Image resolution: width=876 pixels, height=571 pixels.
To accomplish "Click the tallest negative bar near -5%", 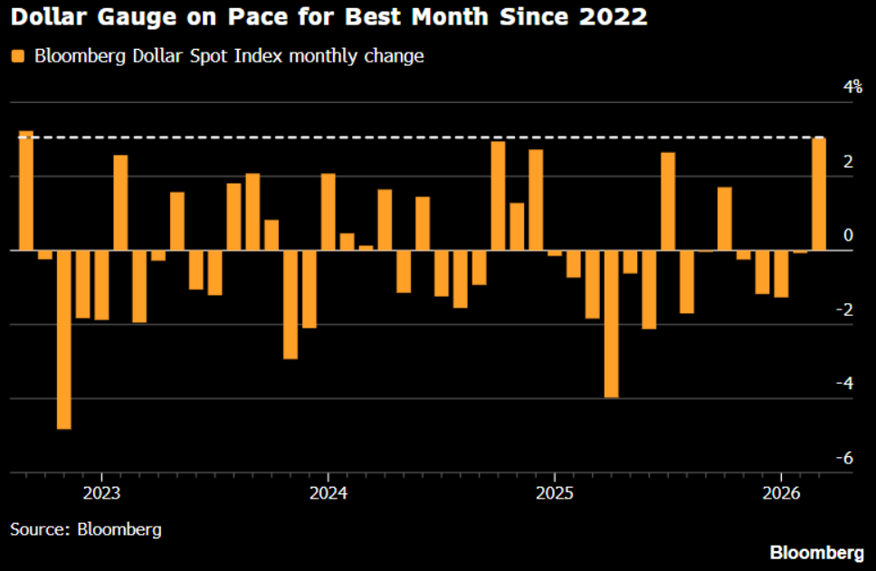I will [63, 339].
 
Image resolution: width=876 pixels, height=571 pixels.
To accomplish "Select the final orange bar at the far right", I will [818, 194].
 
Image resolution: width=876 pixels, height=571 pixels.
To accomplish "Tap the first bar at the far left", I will [26, 191].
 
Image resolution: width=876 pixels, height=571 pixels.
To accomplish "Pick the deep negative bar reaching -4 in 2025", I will [611, 324].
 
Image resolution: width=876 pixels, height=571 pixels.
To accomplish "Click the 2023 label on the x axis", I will [101, 494].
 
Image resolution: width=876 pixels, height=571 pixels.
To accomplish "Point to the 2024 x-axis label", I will [328, 494].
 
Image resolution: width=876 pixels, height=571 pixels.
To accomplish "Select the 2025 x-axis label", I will [554, 494].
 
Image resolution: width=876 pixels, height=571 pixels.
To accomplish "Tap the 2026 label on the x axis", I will [780, 494].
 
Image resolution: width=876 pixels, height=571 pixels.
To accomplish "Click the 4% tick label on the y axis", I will [852, 87].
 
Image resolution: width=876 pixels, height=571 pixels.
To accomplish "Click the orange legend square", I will [17, 56].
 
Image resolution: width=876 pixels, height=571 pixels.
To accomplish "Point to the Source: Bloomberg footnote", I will [86, 528].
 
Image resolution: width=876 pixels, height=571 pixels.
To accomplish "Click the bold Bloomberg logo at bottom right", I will [815, 552].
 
